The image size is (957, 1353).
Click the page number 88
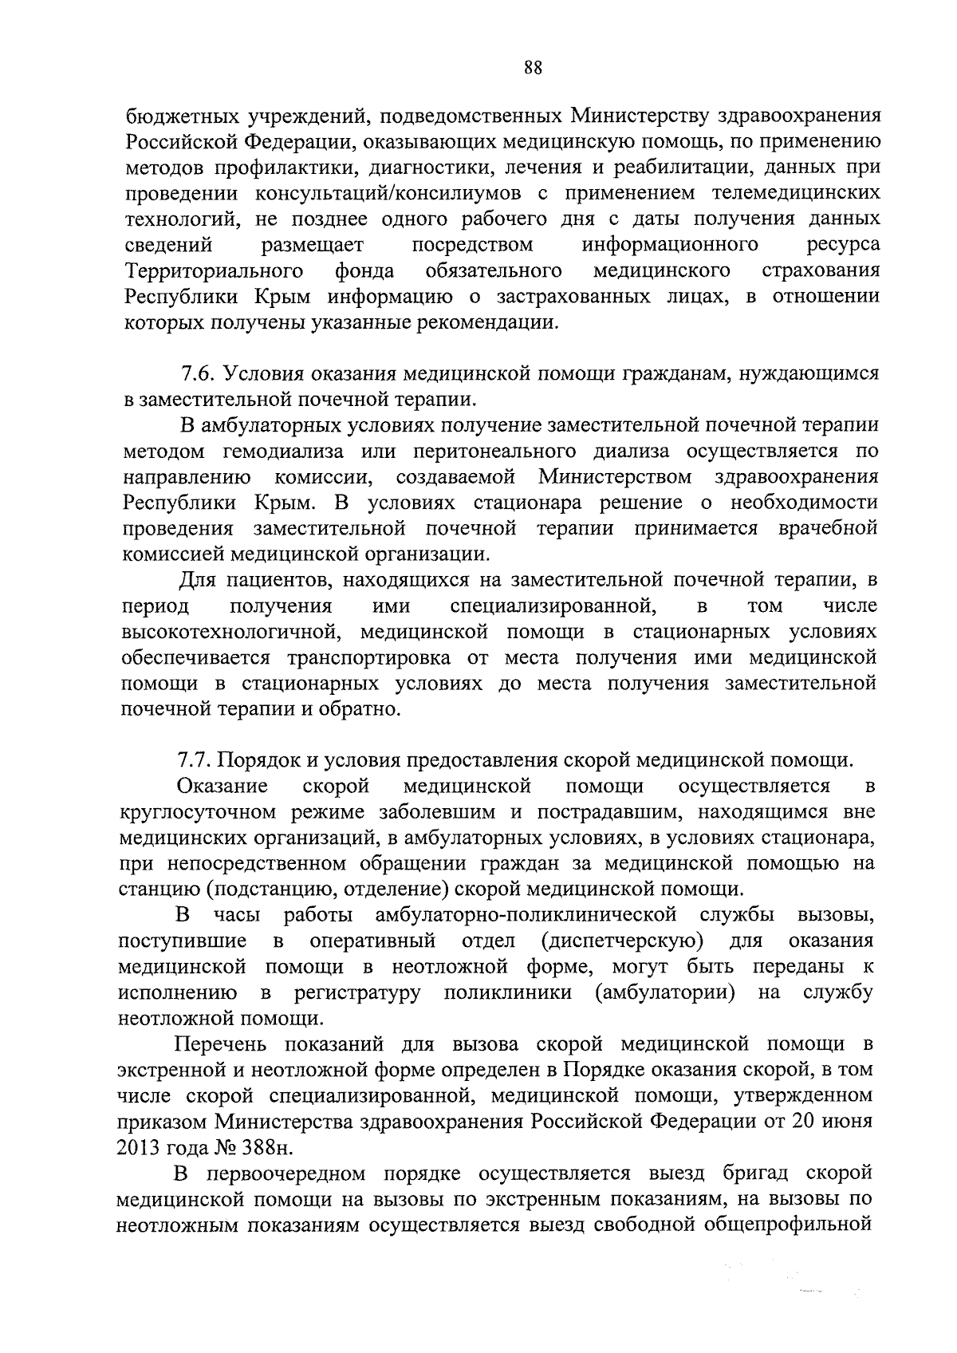tap(534, 68)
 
